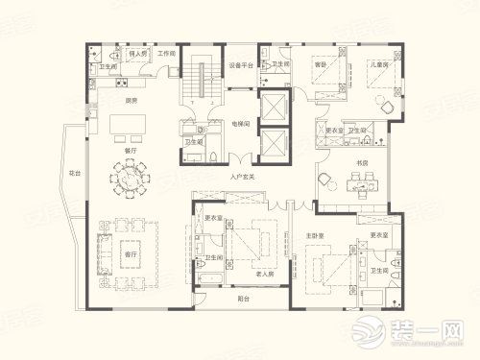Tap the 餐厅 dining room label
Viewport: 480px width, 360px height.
(x=129, y=150)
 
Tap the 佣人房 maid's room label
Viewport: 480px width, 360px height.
(x=137, y=54)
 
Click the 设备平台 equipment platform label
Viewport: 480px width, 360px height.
(x=241, y=66)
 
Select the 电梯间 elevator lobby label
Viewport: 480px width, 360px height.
(x=241, y=124)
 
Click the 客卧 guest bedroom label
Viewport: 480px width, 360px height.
(x=321, y=64)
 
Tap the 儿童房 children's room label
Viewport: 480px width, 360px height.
(x=377, y=64)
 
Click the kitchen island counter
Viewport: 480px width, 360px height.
(x=128, y=126)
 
